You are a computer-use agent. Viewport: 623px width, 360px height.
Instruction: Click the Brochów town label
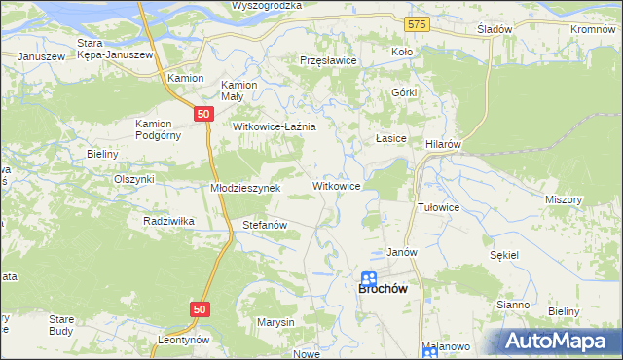[383, 289]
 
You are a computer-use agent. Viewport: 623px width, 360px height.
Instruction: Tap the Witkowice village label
[337, 185]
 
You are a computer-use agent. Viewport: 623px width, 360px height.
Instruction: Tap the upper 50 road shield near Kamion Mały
[202, 114]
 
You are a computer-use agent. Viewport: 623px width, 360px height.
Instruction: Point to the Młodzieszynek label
[245, 188]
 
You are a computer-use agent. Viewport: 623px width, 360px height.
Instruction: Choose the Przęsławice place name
[328, 60]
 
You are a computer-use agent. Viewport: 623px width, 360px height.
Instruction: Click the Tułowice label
[438, 207]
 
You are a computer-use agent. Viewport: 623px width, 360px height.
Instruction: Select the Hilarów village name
[443, 143]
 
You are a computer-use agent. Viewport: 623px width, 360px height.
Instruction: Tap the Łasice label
[390, 139]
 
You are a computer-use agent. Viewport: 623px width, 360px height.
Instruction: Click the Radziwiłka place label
[168, 221]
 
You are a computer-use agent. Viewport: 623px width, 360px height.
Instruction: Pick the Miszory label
[564, 199]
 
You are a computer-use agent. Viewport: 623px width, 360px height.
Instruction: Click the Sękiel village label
[505, 254]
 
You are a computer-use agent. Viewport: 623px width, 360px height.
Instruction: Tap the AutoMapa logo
[558, 340]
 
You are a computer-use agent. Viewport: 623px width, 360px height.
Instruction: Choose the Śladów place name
[495, 29]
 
